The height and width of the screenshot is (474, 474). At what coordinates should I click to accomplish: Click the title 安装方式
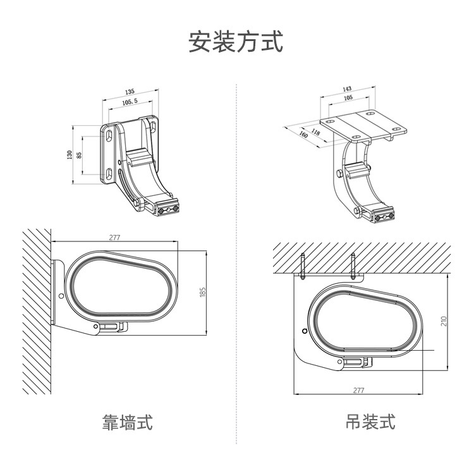pyautogui.click(x=236, y=42)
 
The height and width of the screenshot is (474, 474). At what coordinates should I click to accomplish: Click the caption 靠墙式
pyautogui.click(x=128, y=422)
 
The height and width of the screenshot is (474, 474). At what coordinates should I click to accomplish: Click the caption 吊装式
pyautogui.click(x=370, y=422)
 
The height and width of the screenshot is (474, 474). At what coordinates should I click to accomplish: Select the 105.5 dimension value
pyautogui.click(x=130, y=101)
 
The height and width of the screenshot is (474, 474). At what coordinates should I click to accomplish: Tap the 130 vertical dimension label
pyautogui.click(x=70, y=155)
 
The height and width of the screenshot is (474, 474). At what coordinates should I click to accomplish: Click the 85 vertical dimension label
pyautogui.click(x=79, y=155)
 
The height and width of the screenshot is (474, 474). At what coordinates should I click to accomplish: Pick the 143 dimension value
pyautogui.click(x=347, y=89)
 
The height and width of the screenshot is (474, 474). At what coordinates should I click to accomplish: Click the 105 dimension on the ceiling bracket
pyautogui.click(x=348, y=98)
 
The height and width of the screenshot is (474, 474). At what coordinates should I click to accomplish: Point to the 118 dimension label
pyautogui.click(x=315, y=131)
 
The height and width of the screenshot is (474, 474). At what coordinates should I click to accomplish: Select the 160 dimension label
pyautogui.click(x=303, y=135)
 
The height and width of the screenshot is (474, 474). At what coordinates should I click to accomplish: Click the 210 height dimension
pyautogui.click(x=444, y=321)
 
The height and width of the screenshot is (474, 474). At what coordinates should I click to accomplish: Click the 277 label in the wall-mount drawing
pyautogui.click(x=114, y=238)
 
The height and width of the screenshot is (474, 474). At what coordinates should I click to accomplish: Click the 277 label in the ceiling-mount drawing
pyautogui.click(x=358, y=390)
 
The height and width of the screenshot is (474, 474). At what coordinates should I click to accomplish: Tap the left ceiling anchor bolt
pyautogui.click(x=303, y=266)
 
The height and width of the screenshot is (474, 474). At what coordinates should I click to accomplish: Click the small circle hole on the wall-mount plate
pyautogui.click(x=61, y=296)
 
